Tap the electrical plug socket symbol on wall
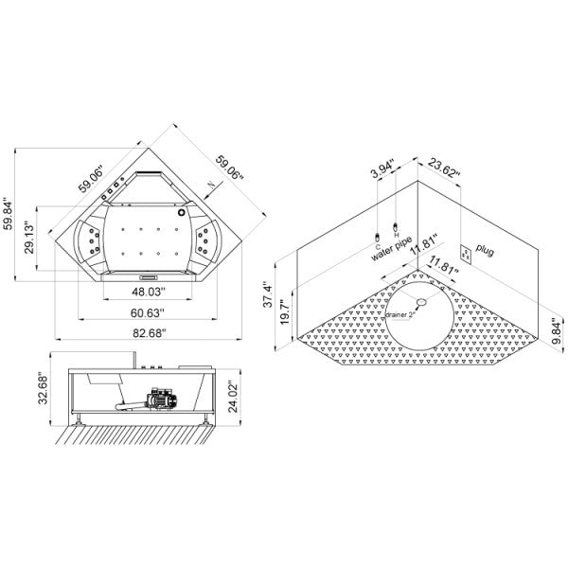coord(466,252)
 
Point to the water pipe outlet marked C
coord(376,228)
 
